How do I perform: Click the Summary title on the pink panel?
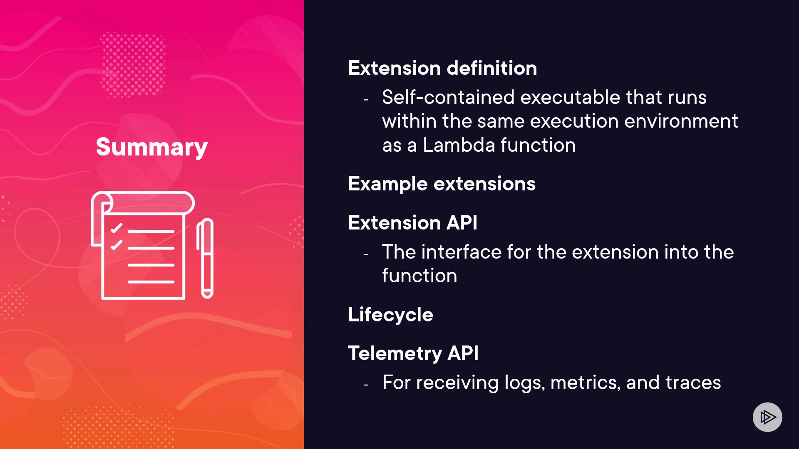click(152, 147)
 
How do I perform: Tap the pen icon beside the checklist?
click(205, 258)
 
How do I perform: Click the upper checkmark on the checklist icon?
click(117, 228)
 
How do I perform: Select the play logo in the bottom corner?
click(767, 417)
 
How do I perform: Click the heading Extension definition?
click(442, 68)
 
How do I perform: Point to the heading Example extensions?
click(442, 184)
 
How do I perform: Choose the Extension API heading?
click(412, 222)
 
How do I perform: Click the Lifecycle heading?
click(390, 315)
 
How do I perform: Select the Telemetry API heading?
click(413, 353)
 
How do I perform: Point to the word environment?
click(681, 121)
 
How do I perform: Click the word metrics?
click(586, 382)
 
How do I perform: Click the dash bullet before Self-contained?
click(366, 100)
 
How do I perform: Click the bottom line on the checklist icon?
click(151, 282)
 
